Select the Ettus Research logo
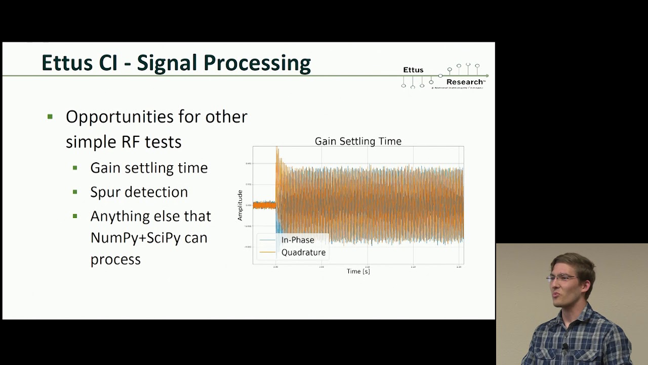444,77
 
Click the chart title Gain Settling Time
358,141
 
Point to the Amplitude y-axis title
240,205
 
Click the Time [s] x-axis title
358,271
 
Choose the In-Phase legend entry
297,240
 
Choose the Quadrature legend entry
303,252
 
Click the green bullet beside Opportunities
50,117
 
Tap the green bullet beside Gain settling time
75,168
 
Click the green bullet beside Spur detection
75,192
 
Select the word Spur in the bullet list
107,192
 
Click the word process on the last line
115,260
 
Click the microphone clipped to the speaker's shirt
565,347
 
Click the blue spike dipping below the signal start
276,226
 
